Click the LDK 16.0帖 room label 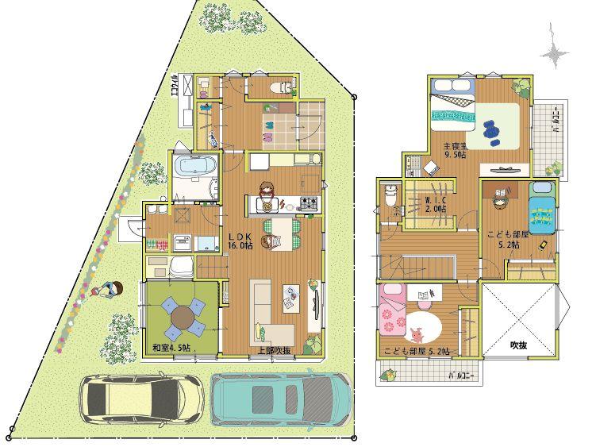[240, 242]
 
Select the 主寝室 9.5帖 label [456, 150]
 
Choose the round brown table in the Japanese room [183, 316]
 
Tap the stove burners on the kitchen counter [308, 205]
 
